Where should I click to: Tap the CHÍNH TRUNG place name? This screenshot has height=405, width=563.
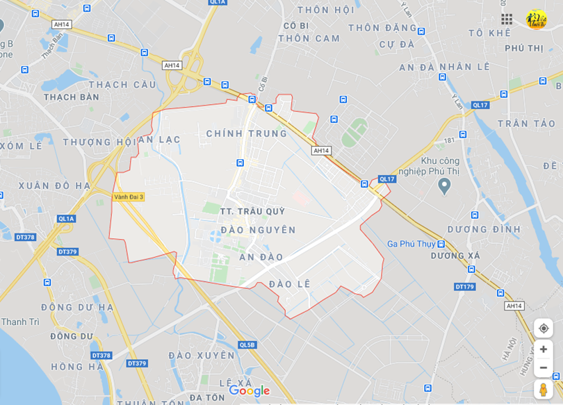coord(246,133)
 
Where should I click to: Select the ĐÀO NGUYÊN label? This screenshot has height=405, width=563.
coord(258,230)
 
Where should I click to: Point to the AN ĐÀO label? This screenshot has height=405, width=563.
coord(261,257)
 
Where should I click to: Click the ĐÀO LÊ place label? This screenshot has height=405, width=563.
coord(289,284)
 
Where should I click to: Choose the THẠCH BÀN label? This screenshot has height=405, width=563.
coord(72,97)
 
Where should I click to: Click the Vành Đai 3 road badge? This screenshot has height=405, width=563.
coord(129,197)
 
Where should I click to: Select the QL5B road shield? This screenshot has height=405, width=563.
coord(247,345)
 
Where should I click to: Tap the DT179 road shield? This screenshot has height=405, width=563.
coord(464,286)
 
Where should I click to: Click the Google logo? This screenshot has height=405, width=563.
coord(249,391)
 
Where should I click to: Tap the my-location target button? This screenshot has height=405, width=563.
coord(543,328)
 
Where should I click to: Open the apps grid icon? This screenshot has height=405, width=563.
coord(507,19)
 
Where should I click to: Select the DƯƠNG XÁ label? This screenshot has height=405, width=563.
coord(455,256)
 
